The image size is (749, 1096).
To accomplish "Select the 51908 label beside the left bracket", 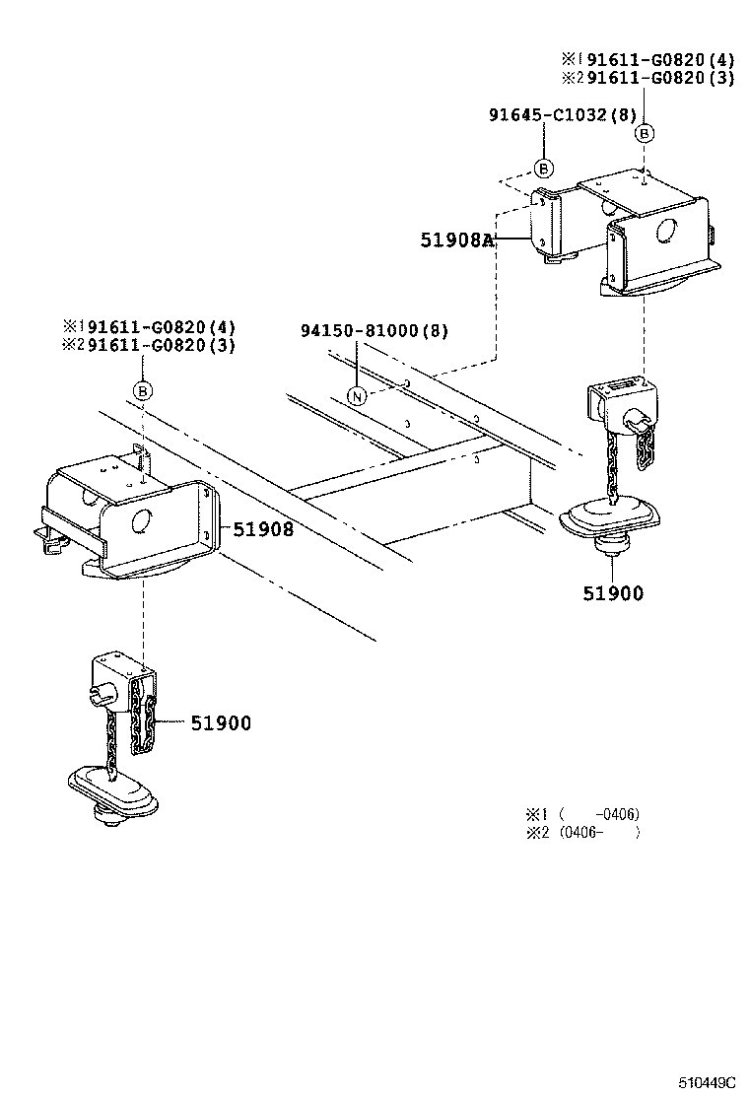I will [263, 529].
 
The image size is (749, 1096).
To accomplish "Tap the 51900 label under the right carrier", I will [612, 592].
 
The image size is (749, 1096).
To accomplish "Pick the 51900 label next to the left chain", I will [221, 723].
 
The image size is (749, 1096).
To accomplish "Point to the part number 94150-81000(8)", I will [374, 331].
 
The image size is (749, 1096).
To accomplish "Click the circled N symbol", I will [358, 396].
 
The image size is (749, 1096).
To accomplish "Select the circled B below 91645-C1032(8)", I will [543, 168].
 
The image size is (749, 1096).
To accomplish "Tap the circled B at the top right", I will [645, 133].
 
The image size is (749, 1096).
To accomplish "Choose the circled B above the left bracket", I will [143, 391].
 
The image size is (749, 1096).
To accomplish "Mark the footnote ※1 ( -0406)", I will [581, 814].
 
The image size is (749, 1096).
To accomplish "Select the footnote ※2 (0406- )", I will [581, 832].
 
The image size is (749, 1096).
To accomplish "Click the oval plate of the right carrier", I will [613, 517].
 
